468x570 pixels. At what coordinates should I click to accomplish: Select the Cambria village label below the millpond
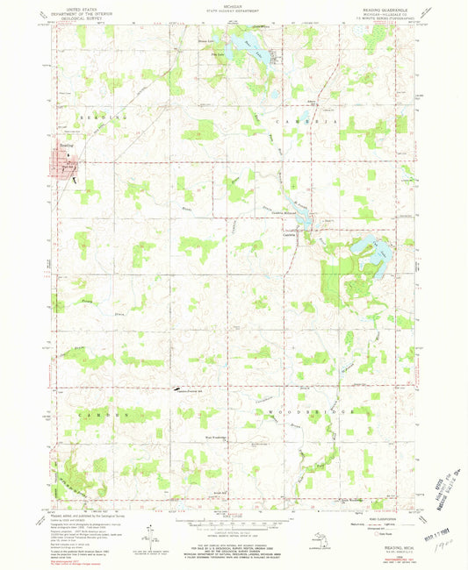(x=289, y=232)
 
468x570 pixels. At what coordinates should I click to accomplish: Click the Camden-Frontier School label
(x=191, y=391)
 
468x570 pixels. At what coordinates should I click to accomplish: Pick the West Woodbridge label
(x=216, y=436)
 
